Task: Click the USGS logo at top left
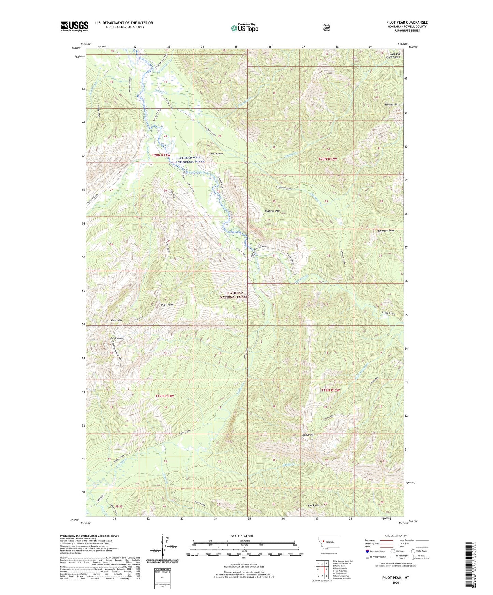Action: click(x=74, y=26)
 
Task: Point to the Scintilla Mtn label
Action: click(x=392, y=105)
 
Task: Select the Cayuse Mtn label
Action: click(x=216, y=153)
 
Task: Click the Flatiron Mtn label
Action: click(x=272, y=211)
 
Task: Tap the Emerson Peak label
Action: click(x=386, y=231)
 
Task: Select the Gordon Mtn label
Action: click(x=117, y=338)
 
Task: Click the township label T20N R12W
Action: click(x=328, y=159)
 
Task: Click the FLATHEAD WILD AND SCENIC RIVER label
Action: click(x=190, y=159)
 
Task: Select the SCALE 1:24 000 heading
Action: click(x=242, y=536)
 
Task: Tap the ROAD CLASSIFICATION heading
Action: click(x=396, y=536)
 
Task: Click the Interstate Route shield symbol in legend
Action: click(x=367, y=551)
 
